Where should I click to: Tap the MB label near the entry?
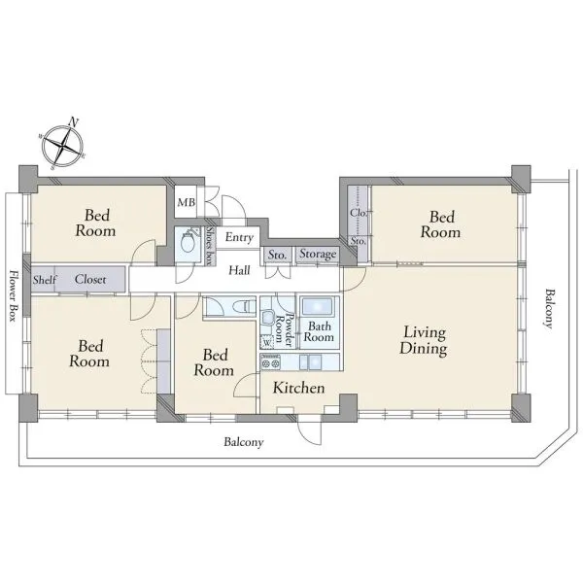pyautogui.click(x=186, y=203)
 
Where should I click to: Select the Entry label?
pyautogui.click(x=239, y=237)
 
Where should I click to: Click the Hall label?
pyautogui.click(x=239, y=270)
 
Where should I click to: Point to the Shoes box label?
pyautogui.click(x=210, y=246)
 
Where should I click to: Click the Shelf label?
pyautogui.click(x=45, y=279)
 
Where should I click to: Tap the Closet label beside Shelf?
pyautogui.click(x=90, y=279)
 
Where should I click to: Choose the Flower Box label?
pyautogui.click(x=15, y=296)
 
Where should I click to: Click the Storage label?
pyautogui.click(x=318, y=254)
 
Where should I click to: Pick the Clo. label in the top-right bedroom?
pyautogui.click(x=359, y=213)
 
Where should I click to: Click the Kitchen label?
pyautogui.click(x=298, y=388)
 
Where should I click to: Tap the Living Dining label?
pyautogui.click(x=424, y=341)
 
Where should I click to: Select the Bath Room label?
pyautogui.click(x=319, y=331)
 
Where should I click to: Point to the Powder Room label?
pyautogui.click(x=285, y=329)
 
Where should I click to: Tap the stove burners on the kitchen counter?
pyautogui.click(x=271, y=361)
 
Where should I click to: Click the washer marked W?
pyautogui.click(x=267, y=342)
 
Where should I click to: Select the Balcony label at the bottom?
pyautogui.click(x=244, y=442)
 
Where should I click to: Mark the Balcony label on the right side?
pyautogui.click(x=548, y=308)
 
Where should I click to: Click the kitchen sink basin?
pyautogui.click(x=311, y=361)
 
